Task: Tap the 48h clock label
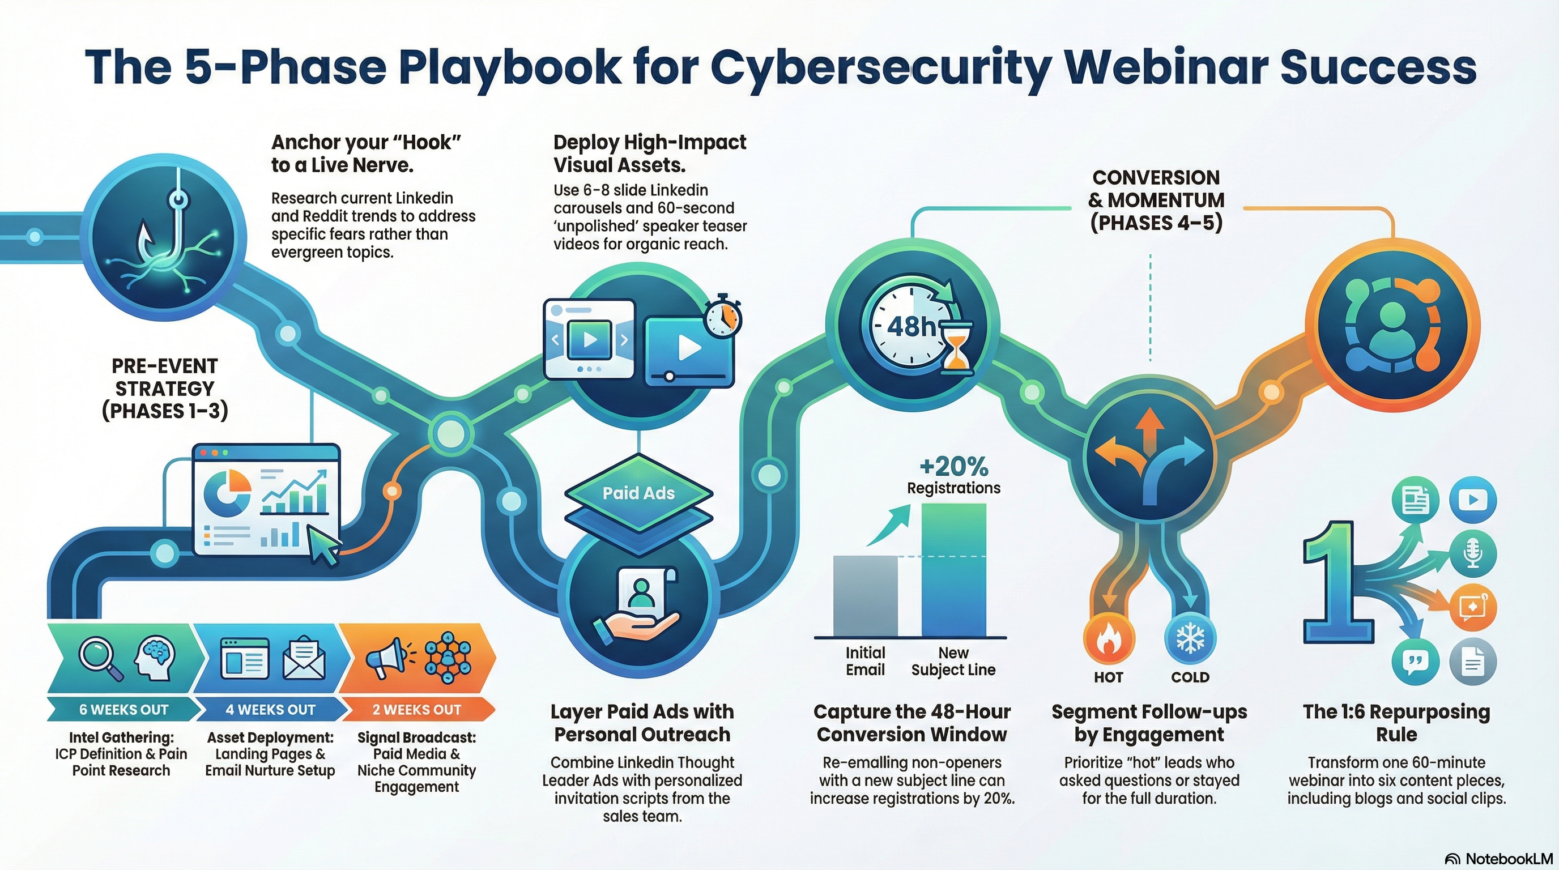click(x=911, y=327)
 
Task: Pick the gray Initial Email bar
click(x=865, y=596)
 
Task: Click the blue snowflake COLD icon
click(x=1190, y=639)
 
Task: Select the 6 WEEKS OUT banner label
click(x=123, y=710)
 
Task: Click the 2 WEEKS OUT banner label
click(x=416, y=710)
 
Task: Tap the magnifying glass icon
click(x=99, y=659)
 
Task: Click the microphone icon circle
click(x=1473, y=554)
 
